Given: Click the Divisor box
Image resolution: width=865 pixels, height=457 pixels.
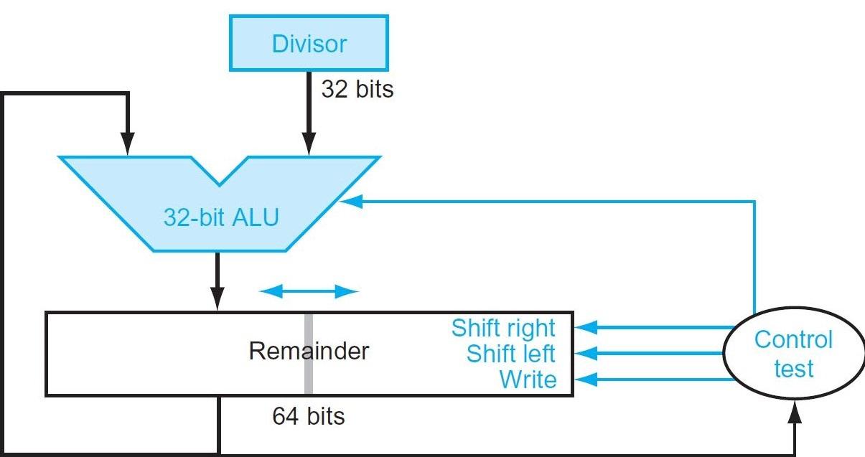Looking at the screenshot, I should coord(309,44).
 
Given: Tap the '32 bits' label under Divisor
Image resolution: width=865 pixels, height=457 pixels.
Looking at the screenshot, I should coord(357,90).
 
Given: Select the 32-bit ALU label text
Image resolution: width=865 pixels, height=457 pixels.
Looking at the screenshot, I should coord(220,217).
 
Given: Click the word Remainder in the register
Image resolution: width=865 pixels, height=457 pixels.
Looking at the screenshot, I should coord(309,352).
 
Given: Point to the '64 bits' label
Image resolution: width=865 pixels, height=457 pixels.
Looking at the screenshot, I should coord(309,416).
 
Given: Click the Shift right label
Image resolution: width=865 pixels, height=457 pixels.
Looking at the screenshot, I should coord(503,328).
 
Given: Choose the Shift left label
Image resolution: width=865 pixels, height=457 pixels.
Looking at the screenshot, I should coord(510,354).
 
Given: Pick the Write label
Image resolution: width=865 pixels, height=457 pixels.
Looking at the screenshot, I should coord(528,379).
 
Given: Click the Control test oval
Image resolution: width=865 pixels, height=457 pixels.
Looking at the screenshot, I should coord(793,354).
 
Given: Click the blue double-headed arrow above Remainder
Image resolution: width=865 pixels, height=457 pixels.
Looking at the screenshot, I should coord(309,291).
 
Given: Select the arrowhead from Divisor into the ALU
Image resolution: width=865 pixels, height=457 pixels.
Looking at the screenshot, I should coord(309,147).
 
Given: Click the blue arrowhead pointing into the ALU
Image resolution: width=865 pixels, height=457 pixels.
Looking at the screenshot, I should coord(350,202).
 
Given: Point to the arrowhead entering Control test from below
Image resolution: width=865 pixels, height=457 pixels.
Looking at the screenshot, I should coord(795,413).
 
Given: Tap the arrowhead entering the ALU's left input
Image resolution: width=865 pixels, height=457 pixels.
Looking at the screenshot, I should coord(127,147).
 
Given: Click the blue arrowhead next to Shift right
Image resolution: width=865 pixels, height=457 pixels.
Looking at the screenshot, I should coord(585,328).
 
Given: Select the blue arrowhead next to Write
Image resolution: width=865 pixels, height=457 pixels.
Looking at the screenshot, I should coord(585,379).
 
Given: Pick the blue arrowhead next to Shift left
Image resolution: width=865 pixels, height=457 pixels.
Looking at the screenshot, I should coord(585,354).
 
